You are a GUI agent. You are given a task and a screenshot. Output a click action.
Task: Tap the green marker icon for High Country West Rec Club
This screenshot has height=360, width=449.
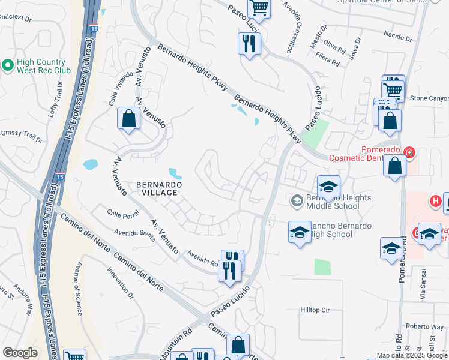point(8,65)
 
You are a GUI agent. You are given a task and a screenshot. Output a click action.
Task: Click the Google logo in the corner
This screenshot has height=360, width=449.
point(20,353)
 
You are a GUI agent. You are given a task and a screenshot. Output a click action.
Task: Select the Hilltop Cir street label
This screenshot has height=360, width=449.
point(315,310)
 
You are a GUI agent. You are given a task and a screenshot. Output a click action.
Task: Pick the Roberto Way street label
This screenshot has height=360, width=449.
point(424,327)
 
